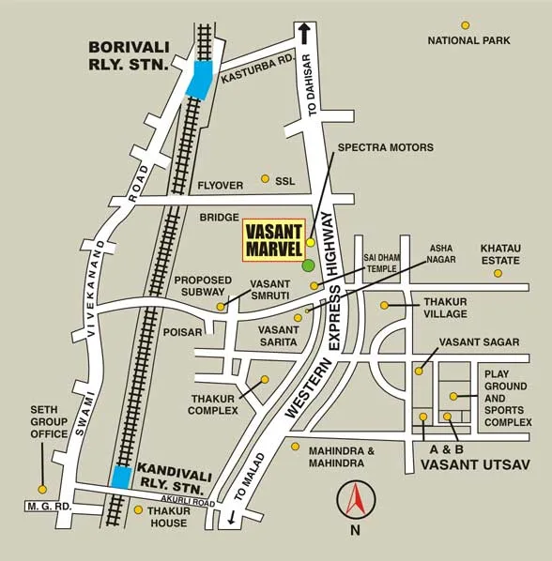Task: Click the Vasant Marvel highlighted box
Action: point(272,239)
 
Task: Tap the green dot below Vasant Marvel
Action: point(308,265)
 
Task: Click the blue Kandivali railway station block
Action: point(120,477)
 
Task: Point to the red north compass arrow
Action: point(355,498)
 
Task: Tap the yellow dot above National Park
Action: point(465,25)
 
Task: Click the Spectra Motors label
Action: point(386,147)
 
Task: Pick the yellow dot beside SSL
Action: point(265,178)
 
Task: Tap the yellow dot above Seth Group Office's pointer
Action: point(41,489)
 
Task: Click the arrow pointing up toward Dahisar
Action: point(304,33)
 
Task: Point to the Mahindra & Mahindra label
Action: point(342,457)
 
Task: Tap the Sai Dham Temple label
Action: point(381,262)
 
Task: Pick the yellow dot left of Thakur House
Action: point(138,510)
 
